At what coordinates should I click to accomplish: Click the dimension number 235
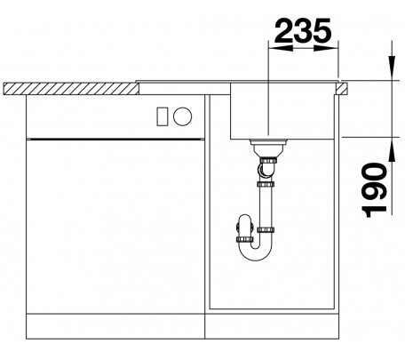(x=302, y=30)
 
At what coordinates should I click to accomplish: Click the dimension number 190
(x=375, y=190)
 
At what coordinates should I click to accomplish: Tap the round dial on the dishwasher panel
(x=182, y=116)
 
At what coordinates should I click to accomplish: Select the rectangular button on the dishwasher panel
(x=163, y=116)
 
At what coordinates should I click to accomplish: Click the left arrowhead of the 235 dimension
(x=280, y=48)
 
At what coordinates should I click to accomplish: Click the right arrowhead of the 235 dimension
(x=325, y=48)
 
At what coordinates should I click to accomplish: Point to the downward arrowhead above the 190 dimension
(x=393, y=68)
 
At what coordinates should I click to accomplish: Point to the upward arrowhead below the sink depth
(x=393, y=149)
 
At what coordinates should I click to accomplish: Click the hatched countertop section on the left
(x=71, y=89)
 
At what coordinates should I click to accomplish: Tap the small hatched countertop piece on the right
(x=342, y=89)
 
